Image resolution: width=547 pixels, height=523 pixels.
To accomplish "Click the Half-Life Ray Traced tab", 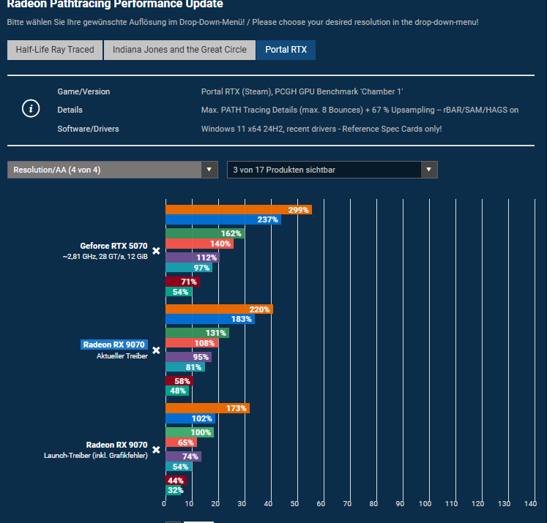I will click(x=55, y=50).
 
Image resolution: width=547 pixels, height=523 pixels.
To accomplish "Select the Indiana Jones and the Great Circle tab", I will click(x=179, y=50).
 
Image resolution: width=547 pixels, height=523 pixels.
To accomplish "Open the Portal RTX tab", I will click(x=286, y=50).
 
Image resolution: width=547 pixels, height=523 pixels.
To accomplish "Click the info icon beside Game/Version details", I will click(x=30, y=110).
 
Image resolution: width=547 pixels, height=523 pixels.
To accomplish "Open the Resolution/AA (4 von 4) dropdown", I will click(x=113, y=170).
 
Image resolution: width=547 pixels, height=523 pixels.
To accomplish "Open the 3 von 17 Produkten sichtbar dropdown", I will click(x=332, y=170).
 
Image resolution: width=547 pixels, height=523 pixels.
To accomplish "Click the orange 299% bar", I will click(x=238, y=209).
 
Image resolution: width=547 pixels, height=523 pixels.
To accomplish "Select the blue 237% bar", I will click(x=223, y=220).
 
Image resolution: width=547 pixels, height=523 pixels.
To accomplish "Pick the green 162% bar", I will click(x=204, y=233).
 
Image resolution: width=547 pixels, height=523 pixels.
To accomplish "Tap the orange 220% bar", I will click(x=218, y=309).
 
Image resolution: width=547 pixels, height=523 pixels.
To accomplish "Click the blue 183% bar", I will click(x=209, y=320).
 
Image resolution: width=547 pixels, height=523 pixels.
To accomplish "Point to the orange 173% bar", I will click(x=206, y=408).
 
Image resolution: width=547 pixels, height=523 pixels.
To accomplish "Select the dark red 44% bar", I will click(x=176, y=481).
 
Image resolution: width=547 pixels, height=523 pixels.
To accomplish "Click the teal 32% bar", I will click(x=174, y=491).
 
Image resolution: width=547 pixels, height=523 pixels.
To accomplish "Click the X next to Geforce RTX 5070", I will click(x=156, y=251).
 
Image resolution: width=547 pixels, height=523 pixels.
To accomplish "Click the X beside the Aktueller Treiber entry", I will click(x=156, y=350).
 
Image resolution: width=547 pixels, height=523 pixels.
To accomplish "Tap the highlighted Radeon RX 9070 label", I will click(x=114, y=345).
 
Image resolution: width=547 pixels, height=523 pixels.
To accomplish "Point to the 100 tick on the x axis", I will click(x=425, y=504).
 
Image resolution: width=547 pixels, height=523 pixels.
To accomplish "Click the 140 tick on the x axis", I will click(x=529, y=504).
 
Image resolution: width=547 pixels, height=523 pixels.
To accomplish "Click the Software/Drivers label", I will click(x=88, y=129).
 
